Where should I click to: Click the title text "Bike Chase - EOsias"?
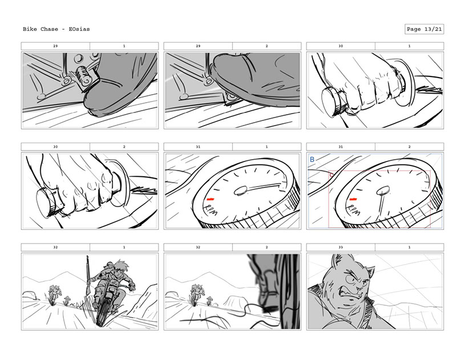coord(56,29)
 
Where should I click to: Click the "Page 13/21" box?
coord(424,29)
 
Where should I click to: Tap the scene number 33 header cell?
coord(341,247)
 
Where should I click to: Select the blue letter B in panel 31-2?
coord(312,160)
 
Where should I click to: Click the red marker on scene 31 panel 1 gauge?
coord(211,199)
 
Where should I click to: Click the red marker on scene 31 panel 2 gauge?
coord(353,199)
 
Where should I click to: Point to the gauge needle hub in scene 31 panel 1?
coord(241,191)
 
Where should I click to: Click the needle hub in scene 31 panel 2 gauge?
coord(383,191)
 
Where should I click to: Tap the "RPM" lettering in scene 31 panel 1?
coord(212,209)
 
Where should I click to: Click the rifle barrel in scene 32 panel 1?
coord(88,274)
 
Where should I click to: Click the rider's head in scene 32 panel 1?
coord(119,268)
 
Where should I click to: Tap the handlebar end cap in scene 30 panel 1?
coord(330,101)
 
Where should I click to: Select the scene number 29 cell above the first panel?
coord(55,46)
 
